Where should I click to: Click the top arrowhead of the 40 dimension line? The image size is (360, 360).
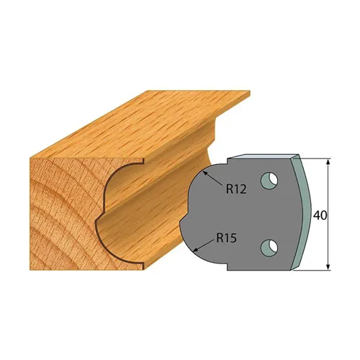tap(329, 160)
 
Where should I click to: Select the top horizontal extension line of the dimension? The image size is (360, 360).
tap(317, 156)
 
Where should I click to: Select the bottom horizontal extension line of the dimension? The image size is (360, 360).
tap(317, 271)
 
